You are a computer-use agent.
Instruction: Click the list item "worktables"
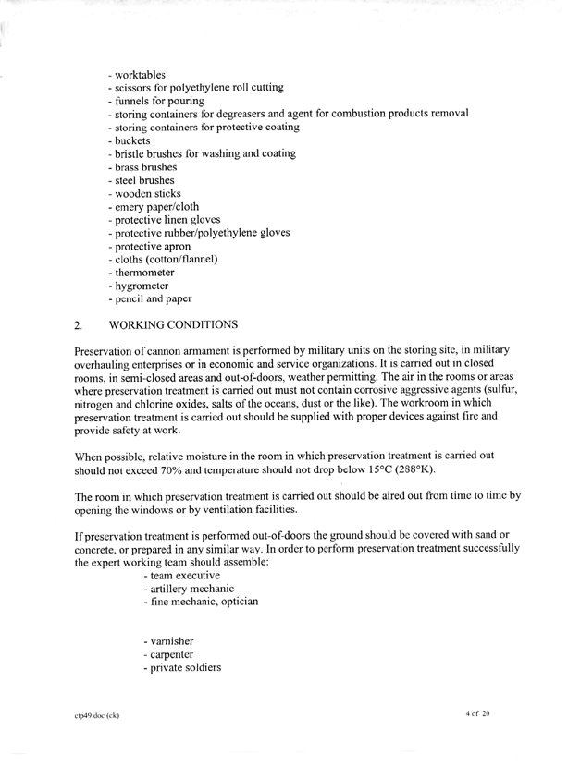(x=139, y=74)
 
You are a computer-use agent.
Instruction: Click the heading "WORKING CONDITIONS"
(x=173, y=325)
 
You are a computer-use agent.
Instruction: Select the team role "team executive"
(x=182, y=576)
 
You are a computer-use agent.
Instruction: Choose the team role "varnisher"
(x=170, y=641)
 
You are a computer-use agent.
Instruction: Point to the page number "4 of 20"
(x=484, y=715)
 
